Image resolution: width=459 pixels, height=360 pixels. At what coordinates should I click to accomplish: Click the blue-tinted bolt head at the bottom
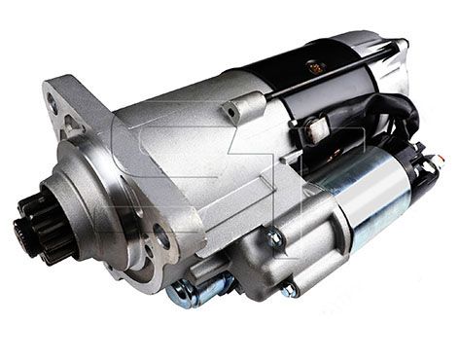point(185,292)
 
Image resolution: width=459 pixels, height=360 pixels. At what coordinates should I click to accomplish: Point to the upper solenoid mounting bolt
point(275,236)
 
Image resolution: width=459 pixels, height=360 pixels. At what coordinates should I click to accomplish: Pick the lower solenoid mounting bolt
point(289,289)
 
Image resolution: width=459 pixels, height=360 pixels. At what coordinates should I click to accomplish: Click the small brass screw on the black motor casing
point(314,67)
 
